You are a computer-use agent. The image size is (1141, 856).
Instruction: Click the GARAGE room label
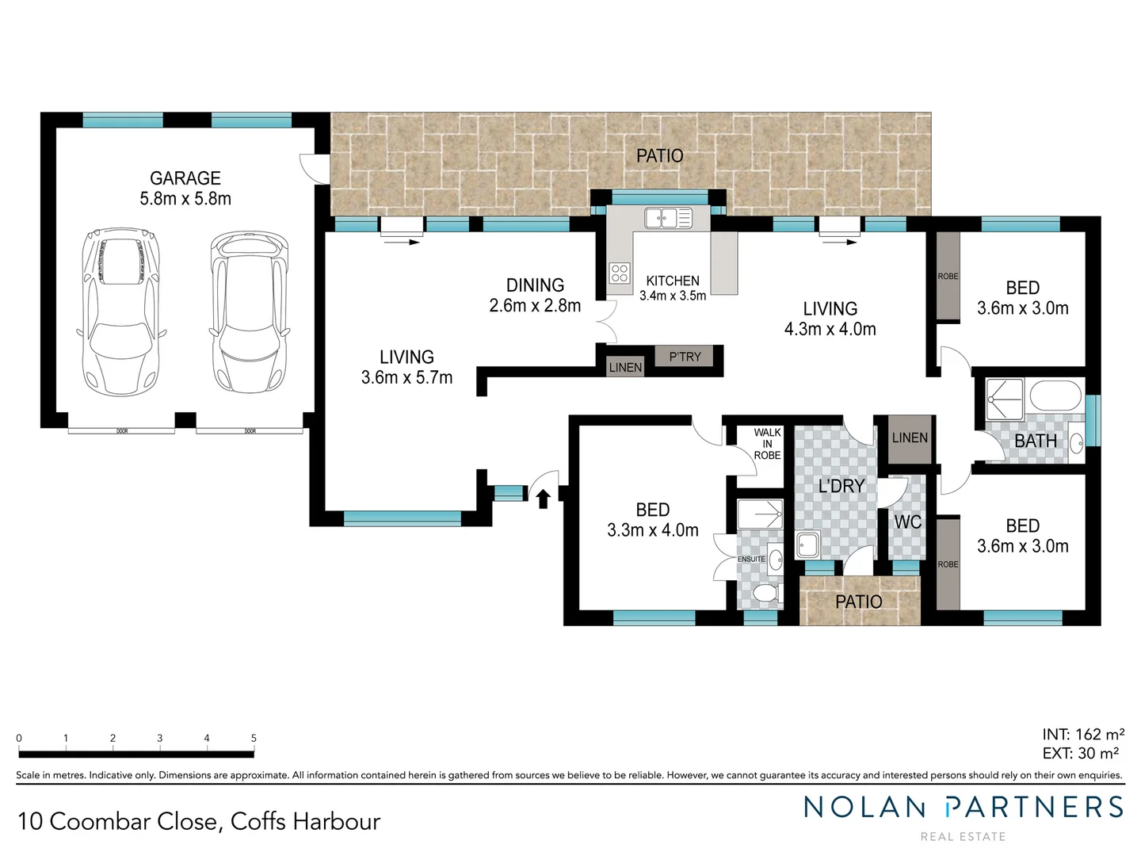[x=185, y=179]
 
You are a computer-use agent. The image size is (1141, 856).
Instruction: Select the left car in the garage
[x=121, y=311]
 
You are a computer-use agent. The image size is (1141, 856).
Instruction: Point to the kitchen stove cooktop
[x=620, y=273]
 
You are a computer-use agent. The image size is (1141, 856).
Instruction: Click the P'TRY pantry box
[x=685, y=357]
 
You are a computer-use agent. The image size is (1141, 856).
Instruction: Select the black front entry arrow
[x=544, y=499]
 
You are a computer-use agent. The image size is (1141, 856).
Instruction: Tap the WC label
[x=907, y=522]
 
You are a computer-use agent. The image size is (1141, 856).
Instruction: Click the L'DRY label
[x=841, y=486]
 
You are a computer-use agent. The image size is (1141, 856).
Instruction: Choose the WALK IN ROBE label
[x=767, y=444]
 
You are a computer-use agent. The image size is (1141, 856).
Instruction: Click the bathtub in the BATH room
[x=1055, y=396]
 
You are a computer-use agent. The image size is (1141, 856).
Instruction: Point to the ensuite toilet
[x=765, y=592]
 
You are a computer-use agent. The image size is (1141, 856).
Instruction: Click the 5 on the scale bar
[x=254, y=738]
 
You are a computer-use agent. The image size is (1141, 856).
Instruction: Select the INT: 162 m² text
[x=1082, y=735]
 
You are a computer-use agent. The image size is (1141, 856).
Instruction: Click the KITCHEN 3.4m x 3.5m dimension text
[x=673, y=296]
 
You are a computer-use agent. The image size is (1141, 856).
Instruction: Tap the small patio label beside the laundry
[x=858, y=602]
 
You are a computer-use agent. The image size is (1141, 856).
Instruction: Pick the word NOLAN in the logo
[x=864, y=807]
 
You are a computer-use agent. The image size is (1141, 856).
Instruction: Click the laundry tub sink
[x=807, y=545]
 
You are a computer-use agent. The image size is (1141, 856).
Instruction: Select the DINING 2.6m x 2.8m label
[x=535, y=295]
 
